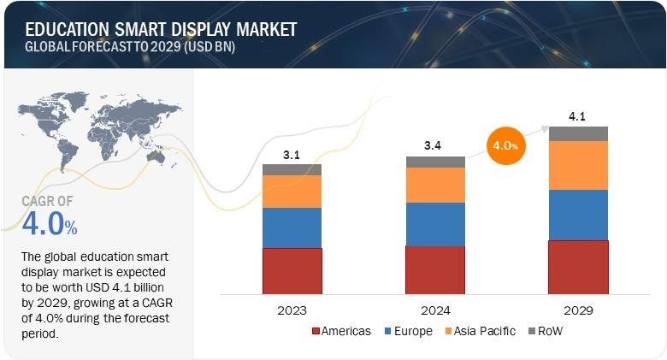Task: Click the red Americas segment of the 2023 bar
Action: pos(292,271)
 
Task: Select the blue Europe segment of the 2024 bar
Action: pos(435,224)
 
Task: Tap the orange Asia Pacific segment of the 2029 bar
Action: pos(578,165)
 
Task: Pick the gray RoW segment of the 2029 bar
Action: pos(578,133)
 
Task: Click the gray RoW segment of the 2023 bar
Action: pos(292,169)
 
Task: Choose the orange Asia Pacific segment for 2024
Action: pos(435,185)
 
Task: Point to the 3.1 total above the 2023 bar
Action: pos(292,155)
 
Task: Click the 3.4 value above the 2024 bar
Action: pos(435,146)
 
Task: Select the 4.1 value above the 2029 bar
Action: pos(578,116)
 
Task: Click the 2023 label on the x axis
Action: pos(292,310)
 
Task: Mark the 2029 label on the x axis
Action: pos(578,310)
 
